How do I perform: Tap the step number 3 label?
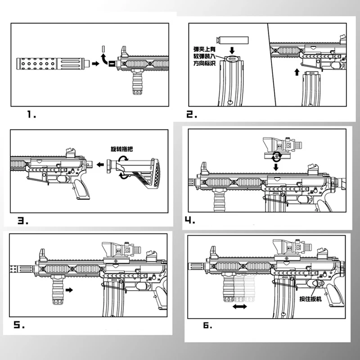(x=23, y=220)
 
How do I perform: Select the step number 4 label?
(x=190, y=220)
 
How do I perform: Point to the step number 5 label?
(x=18, y=324)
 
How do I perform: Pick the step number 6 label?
(x=207, y=325)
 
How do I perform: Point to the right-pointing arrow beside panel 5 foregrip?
(x=69, y=291)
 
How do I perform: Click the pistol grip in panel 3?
(x=81, y=189)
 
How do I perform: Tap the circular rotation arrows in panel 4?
(x=276, y=156)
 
